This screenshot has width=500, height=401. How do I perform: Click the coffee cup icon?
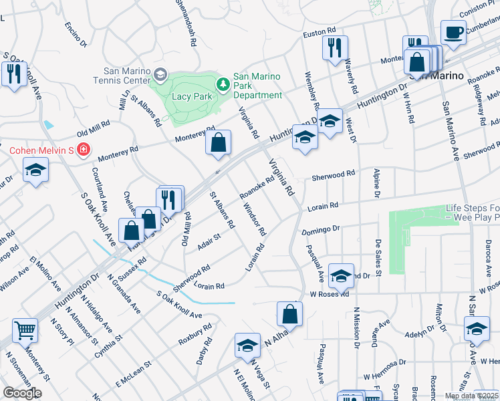pyautogui.click(x=453, y=33)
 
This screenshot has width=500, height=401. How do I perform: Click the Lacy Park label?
pyautogui.click(x=192, y=96)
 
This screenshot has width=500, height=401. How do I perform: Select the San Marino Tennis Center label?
pyautogui.click(x=126, y=76)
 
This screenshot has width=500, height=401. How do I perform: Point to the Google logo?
pyautogui.click(x=22, y=393)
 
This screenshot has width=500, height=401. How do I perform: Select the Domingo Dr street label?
pyautogui.click(x=321, y=229)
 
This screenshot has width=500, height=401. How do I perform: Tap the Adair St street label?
pyautogui.click(x=209, y=241)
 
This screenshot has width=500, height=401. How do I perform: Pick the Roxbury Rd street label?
pyautogui.click(x=195, y=334)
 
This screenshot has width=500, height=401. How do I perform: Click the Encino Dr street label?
pyautogui.click(x=76, y=35)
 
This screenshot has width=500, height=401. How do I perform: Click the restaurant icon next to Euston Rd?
pyautogui.click(x=334, y=47)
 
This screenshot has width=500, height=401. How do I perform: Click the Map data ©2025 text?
pyautogui.click(x=471, y=396)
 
